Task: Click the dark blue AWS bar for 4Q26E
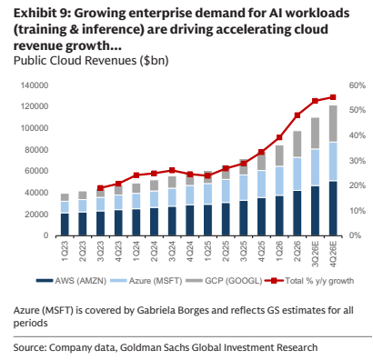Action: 333,208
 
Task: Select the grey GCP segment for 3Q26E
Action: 316,133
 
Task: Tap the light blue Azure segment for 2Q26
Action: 297,175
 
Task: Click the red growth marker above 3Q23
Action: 100,188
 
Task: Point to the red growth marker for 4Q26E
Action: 333,97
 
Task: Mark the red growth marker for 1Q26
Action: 279,137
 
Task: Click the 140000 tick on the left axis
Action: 35,85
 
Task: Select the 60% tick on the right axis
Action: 358,85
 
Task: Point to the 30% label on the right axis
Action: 358,161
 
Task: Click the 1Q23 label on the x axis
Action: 65,251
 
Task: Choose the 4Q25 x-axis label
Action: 262,251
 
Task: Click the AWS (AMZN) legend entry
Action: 71,281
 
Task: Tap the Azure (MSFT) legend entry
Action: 146,281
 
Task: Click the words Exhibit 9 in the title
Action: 42,13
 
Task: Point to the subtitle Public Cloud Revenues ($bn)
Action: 91,60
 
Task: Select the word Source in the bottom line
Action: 29,347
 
